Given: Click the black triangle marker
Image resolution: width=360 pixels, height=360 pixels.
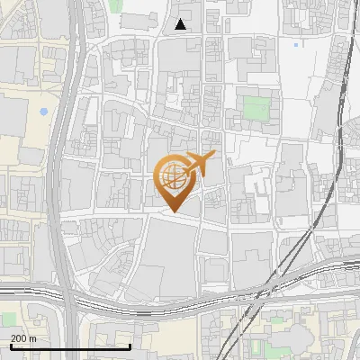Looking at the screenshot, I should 181,24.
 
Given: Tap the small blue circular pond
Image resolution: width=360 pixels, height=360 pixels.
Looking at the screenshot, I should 43,112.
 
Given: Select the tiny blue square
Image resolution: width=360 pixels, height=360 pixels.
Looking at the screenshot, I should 296,44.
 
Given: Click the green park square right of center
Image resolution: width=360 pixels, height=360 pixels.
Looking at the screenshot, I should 256,108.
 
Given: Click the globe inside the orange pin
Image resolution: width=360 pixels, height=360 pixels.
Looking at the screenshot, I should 174,179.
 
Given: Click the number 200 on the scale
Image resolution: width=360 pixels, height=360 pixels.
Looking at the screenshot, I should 19,337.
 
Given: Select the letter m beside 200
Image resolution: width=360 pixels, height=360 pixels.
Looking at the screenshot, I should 32,337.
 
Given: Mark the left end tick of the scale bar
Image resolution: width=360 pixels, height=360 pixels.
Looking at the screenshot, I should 10,346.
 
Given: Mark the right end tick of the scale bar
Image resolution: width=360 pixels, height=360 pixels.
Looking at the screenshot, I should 130,346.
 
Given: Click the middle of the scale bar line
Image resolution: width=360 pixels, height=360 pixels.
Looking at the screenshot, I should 70,347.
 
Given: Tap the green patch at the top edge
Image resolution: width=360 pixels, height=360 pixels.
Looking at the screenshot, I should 117,4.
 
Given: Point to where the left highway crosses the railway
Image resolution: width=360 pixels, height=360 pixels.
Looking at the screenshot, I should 65,296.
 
